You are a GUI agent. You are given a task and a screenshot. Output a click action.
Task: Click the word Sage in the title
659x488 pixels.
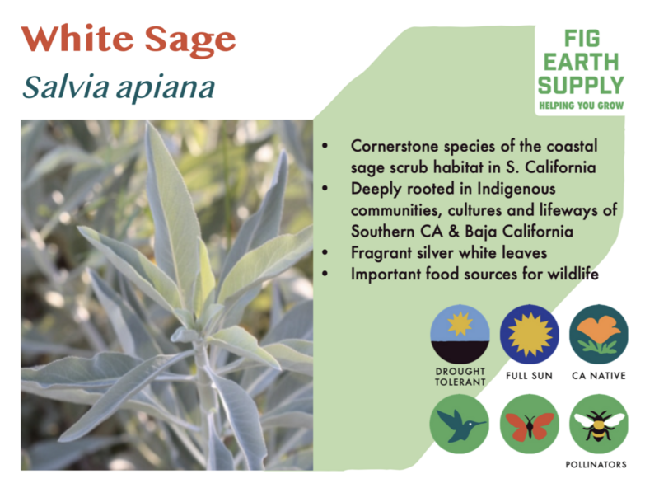(x=190, y=42)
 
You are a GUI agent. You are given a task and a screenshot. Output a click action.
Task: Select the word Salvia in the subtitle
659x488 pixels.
(x=65, y=87)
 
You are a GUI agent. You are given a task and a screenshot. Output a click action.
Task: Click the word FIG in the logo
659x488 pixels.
(x=582, y=39)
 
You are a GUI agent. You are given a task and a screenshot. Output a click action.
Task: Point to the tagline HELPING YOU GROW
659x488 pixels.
(x=582, y=106)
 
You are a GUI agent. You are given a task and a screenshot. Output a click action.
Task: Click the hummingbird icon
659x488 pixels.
(x=460, y=424)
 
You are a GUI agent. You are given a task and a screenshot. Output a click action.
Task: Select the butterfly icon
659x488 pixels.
(x=529, y=424)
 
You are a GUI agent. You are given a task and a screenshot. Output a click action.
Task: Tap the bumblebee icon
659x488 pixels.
(x=599, y=424)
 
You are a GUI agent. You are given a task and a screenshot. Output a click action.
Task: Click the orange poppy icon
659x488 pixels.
(x=599, y=335)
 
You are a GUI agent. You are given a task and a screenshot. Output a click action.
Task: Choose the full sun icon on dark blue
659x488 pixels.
(x=529, y=335)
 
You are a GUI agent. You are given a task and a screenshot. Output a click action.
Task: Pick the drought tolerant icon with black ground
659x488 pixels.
(x=460, y=335)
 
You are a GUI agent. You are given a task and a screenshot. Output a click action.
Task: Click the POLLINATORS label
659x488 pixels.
(x=596, y=464)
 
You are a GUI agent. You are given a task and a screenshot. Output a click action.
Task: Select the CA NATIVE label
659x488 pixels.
(x=599, y=376)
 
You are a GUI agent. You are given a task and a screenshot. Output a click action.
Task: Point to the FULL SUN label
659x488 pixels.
(x=529, y=376)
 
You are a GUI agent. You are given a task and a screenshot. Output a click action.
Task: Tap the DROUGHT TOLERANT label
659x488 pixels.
(x=460, y=377)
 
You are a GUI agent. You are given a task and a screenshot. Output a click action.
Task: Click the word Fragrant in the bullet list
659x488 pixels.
(x=381, y=253)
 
